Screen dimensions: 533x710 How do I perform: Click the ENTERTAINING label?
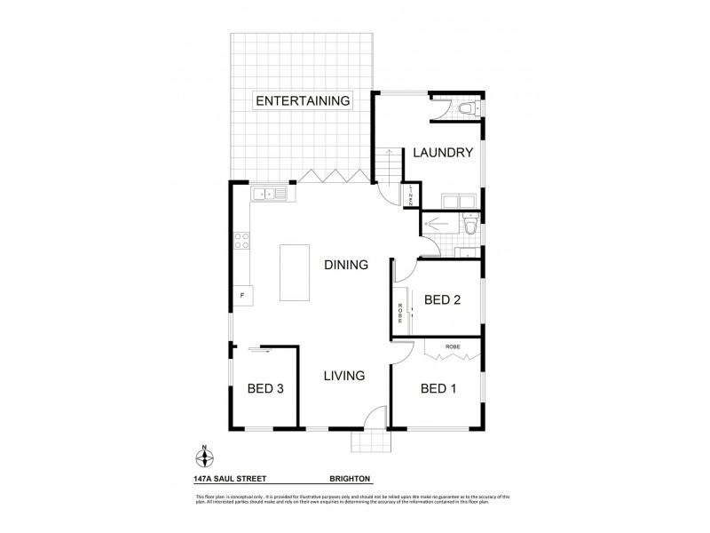click(x=303, y=99)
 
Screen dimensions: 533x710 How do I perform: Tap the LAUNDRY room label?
click(x=442, y=153)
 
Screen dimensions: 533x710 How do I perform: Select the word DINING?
click(x=345, y=265)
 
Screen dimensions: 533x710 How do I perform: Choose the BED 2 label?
click(x=442, y=300)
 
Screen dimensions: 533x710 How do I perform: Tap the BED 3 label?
click(x=264, y=388)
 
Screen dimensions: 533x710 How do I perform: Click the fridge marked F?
click(x=241, y=294)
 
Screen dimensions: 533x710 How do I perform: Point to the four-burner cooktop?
click(x=241, y=239)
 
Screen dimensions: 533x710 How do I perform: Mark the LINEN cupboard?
click(x=412, y=195)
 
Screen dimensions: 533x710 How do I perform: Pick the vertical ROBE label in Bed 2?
click(x=401, y=313)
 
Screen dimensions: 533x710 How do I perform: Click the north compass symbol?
click(x=205, y=458)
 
